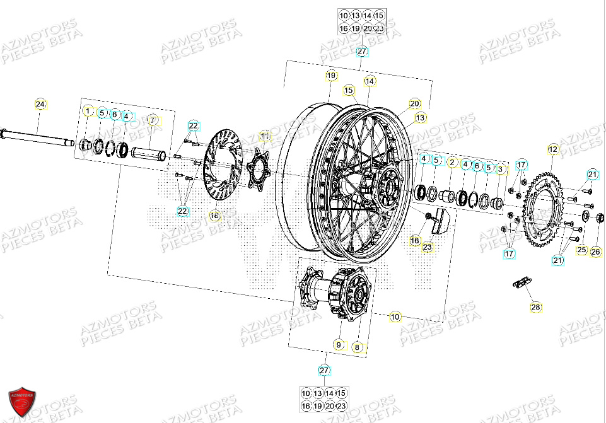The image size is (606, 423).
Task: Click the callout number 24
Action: [x=40, y=103]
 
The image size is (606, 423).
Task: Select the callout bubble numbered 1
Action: [x=88, y=112]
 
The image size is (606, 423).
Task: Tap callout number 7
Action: [x=151, y=120]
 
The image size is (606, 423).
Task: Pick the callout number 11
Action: [x=265, y=136]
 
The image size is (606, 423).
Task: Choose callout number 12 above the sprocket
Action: [x=553, y=149]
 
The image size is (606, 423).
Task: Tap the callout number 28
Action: [x=535, y=307]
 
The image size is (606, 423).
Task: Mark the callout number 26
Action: [x=596, y=252]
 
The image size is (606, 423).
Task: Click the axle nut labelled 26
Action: [x=600, y=218]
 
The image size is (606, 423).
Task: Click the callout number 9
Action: [x=339, y=345]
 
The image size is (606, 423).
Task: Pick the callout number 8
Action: [x=357, y=346]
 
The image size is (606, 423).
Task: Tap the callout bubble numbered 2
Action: [x=452, y=163]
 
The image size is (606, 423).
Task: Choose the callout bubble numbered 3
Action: [x=500, y=169]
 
